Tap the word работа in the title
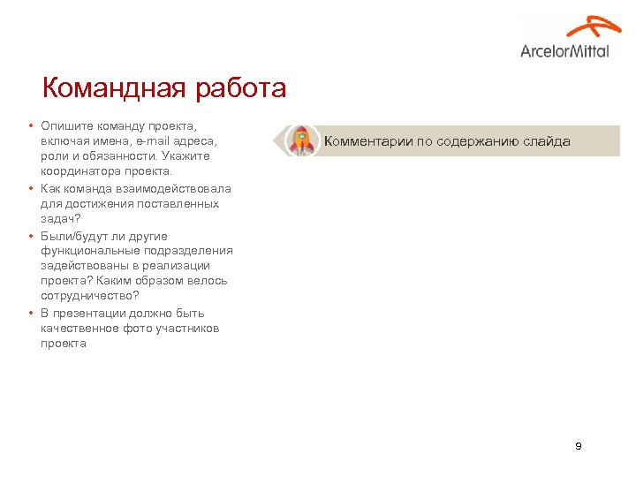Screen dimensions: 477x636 [243, 89]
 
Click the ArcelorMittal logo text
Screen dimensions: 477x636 [564, 51]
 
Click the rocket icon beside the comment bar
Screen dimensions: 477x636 [301, 140]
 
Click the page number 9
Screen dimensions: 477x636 [578, 446]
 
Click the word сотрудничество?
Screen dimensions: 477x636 [89, 295]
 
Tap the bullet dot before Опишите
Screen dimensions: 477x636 [30, 125]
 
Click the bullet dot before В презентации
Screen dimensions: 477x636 [30, 313]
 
